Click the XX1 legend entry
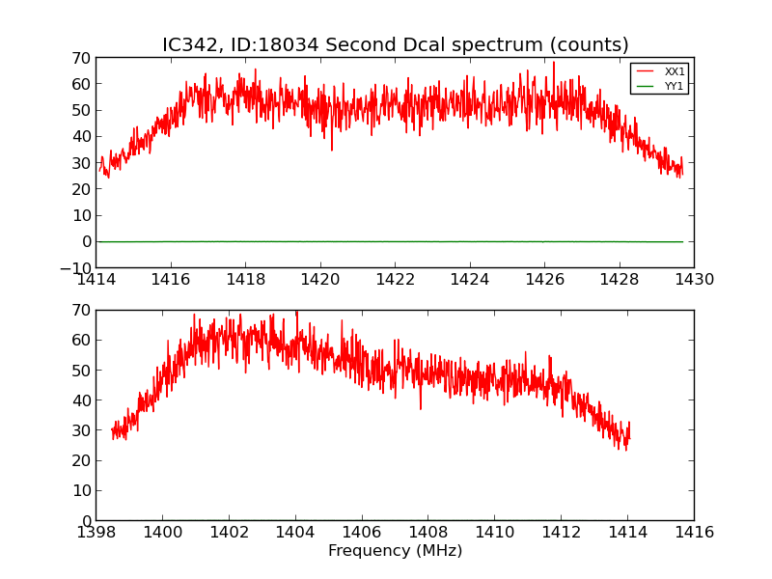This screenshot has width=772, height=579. click(675, 71)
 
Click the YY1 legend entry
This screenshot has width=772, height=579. click(675, 86)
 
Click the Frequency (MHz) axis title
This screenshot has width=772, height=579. click(395, 551)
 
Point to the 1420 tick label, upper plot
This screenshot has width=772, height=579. click(320, 280)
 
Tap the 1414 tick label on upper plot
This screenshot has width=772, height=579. click(96, 280)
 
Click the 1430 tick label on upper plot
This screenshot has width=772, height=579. click(694, 280)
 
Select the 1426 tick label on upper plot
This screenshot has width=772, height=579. click(544, 280)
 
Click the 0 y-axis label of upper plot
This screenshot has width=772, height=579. click(86, 242)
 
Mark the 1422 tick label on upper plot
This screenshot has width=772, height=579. click(395, 280)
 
